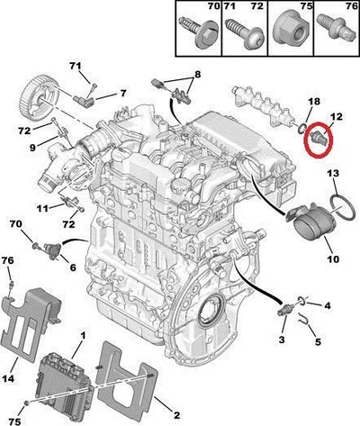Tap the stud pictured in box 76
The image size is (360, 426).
coord(335,29)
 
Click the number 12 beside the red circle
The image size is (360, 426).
coord(337,117)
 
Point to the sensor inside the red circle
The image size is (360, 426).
coord(319,137)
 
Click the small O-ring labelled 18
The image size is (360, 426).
coord(301,129)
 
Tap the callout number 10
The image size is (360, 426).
coord(333,258)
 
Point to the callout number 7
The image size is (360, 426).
coord(123,94)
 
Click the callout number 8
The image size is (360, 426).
coord(198,74)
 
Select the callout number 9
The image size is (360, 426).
coord(32,148)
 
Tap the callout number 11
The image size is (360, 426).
coord(42,208)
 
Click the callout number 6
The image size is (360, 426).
coord(73,267)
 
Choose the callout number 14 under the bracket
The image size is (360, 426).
coord(8,379)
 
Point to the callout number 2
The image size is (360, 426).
coord(177,415)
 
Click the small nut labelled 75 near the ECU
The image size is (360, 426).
coord(27,403)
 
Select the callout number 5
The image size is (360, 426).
coord(318,341)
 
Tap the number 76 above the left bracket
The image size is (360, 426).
coord(8,260)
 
